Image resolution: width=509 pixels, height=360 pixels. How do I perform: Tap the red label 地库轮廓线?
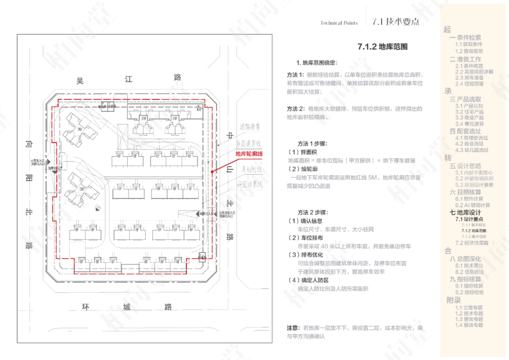[249, 154]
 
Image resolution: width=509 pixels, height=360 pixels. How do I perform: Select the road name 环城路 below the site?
[127, 307]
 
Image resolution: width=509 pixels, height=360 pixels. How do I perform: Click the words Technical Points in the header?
[339, 23]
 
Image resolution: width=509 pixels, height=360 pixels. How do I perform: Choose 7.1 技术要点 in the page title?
[395, 22]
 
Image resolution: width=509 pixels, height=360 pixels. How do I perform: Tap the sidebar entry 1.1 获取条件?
[468, 44]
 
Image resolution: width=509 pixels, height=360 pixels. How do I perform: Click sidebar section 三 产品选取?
[465, 99]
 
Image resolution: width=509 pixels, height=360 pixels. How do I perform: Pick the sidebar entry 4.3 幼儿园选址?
[472, 150]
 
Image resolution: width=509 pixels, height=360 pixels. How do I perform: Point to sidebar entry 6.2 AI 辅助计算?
[472, 205]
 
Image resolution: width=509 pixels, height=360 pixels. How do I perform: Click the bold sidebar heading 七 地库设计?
[466, 213]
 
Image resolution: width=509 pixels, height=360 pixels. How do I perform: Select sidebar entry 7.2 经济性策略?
[472, 243]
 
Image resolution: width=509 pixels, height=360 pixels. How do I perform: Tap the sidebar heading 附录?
[454, 300]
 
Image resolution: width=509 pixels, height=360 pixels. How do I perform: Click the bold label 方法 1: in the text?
[296, 75]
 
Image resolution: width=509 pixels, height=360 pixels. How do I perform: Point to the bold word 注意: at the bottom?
[293, 328]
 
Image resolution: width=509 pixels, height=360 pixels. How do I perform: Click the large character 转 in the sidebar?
[448, 158]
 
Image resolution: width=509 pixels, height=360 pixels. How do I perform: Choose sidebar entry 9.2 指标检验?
[469, 292]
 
